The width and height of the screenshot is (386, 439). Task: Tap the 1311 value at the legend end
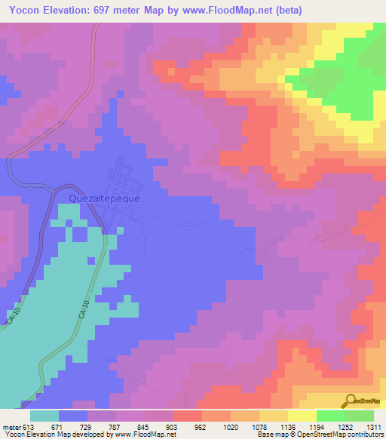pyautogui.click(x=373, y=426)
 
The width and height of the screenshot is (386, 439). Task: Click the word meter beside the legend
pyautogui.click(x=11, y=426)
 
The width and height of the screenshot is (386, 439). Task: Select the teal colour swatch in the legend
pyautogui.click(x=44, y=416)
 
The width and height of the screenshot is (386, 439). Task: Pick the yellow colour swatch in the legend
pyautogui.click(x=302, y=416)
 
